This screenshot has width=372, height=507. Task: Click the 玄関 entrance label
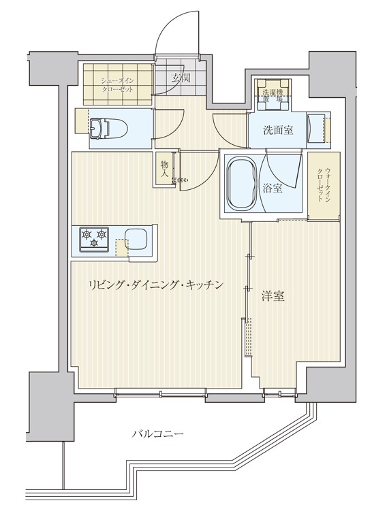coord(180,78)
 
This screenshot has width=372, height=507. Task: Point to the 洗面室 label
coord(279,130)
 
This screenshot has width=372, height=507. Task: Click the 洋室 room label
coord(273,296)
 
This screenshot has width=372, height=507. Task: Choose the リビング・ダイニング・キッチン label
coord(155,285)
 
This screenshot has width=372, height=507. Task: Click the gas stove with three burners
coord(95,238)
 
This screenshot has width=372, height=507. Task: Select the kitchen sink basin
coord(140,240)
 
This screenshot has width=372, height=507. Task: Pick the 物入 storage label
coord(165,169)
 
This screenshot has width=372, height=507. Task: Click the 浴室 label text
coord(273,189)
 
